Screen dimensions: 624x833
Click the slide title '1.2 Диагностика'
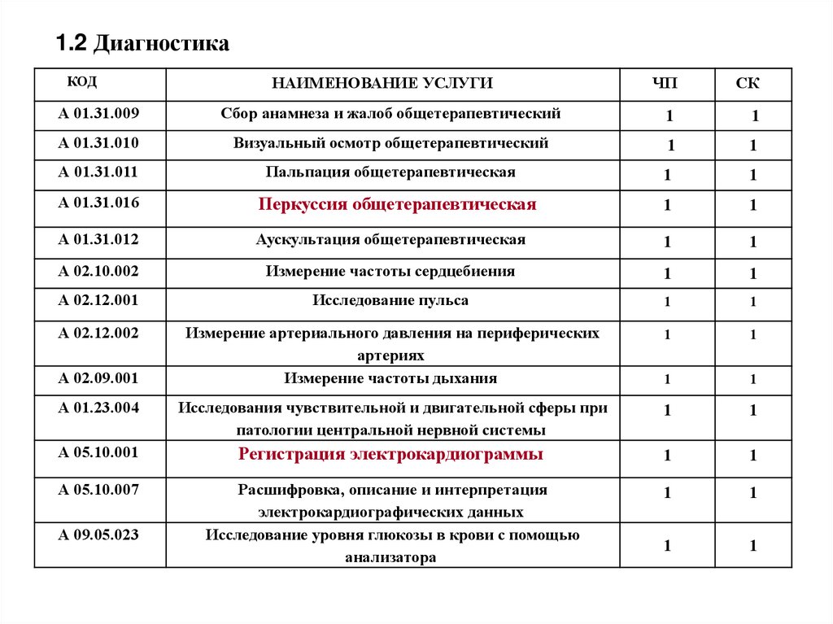tap(142, 43)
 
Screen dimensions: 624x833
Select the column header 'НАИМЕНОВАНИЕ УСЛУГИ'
tap(382, 83)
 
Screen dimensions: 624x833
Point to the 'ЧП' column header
tap(664, 83)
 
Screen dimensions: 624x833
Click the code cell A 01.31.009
tap(98, 113)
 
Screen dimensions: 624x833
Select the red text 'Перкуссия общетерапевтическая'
tap(397, 204)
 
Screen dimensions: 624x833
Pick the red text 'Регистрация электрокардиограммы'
tap(390, 454)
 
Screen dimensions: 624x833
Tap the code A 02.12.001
tap(98, 299)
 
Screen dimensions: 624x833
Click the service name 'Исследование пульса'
tap(390, 300)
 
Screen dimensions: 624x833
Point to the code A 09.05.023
tap(98, 535)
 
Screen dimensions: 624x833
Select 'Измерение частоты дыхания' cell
tap(390, 378)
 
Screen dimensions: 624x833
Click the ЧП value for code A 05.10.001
tap(667, 456)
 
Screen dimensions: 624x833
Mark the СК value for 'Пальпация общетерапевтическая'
tap(753, 175)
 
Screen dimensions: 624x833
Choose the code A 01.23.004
tap(98, 408)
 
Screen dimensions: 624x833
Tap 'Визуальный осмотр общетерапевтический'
tap(390, 143)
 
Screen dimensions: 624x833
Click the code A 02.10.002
tap(98, 270)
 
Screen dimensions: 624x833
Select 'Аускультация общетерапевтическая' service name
tap(390, 239)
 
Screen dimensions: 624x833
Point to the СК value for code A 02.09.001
tap(753, 379)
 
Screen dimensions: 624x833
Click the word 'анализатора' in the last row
tap(390, 557)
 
